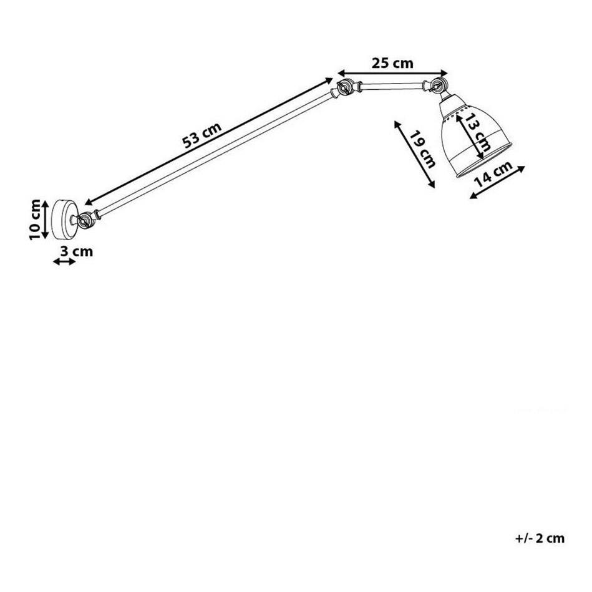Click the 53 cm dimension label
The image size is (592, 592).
(201, 135)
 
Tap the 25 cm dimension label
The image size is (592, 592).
(392, 63)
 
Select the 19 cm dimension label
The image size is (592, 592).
(422, 148)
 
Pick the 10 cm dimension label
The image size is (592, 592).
(35, 220)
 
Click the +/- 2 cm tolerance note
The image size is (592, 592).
(540, 538)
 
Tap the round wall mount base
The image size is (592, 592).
(64, 220)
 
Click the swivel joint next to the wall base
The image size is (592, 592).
(84, 220)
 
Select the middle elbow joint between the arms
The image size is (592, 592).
(345, 87)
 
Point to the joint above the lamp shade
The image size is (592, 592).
(437, 85)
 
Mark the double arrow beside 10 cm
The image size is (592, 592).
(45, 220)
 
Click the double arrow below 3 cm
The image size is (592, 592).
(64, 261)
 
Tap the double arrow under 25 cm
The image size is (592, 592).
(392, 73)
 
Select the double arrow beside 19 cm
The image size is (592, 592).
(415, 154)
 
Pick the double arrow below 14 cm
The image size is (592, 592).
(497, 182)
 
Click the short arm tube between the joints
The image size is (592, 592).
(392, 87)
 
